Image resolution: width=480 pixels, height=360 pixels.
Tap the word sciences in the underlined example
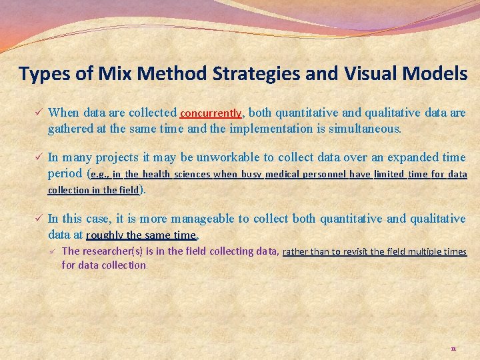(192, 175)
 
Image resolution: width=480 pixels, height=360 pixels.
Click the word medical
(282, 175)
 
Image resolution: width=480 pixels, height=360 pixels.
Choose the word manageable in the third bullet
(203, 219)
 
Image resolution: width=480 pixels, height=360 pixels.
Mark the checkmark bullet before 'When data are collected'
(39, 113)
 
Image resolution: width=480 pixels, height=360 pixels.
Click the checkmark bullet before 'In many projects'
(39, 157)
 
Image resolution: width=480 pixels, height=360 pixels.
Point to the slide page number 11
(453, 349)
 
